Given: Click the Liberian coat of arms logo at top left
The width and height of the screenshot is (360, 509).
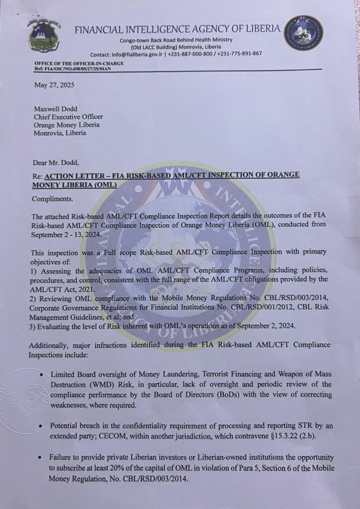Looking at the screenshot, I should pyautogui.click(x=44, y=37).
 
